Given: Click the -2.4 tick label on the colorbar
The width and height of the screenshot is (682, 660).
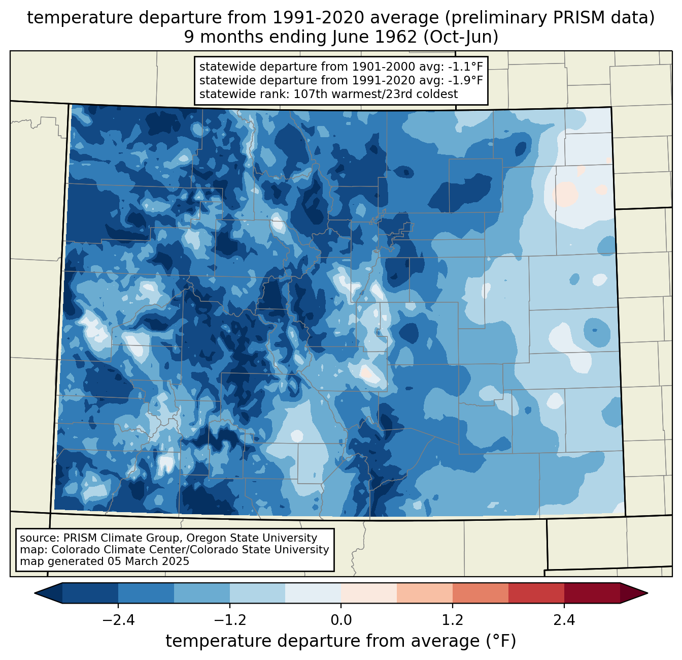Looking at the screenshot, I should coord(118,620).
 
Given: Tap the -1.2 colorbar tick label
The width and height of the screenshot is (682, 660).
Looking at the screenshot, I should coord(230,620).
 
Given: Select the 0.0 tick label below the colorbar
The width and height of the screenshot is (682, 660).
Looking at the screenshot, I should coord(341,620).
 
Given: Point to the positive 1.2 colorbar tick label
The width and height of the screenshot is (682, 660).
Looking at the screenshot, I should coord(453,620).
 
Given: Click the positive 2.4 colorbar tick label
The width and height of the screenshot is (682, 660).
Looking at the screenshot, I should coord(564,620).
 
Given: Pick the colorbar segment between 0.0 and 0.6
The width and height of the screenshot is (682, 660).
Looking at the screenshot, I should coord(369,593).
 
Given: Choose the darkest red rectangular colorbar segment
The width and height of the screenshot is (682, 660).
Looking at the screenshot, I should coord(592,593).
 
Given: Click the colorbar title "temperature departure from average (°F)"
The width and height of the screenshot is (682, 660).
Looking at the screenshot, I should coord(341,641).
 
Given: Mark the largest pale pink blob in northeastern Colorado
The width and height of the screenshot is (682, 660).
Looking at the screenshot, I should coord(565,195).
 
